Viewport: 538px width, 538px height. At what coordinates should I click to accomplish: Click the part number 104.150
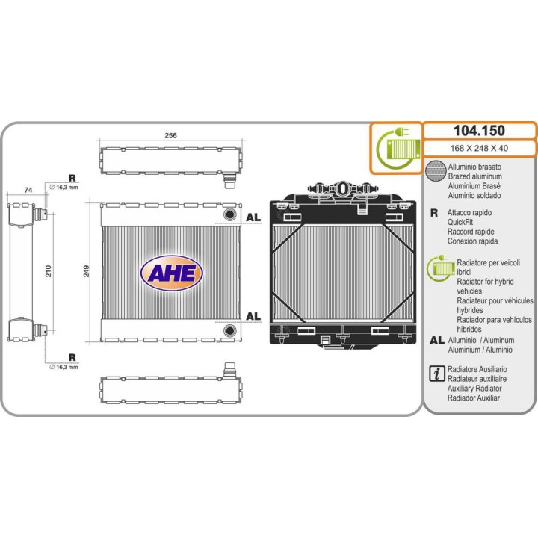point(479,130)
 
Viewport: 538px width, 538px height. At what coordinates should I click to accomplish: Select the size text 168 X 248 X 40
point(479,148)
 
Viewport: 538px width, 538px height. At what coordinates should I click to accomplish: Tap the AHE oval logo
point(172,273)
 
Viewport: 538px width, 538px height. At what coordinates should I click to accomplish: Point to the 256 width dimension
point(170,135)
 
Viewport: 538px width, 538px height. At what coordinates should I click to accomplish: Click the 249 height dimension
point(87,270)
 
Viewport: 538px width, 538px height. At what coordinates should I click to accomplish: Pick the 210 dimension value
point(49,271)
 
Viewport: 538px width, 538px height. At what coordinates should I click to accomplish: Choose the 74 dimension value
point(28,190)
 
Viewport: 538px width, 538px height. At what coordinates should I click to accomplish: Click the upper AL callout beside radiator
point(253,217)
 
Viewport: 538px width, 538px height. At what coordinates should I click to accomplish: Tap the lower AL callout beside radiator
point(253,316)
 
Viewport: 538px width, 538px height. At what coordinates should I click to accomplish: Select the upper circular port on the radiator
point(230,214)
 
